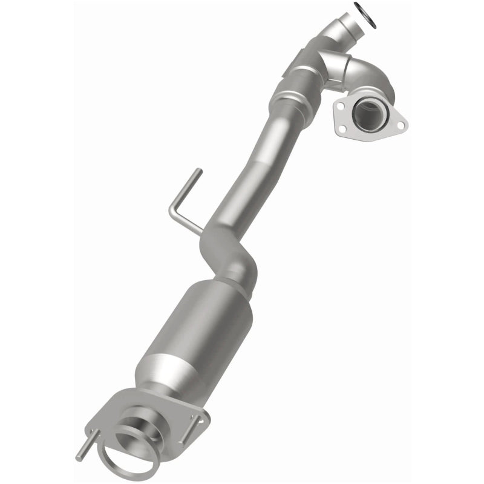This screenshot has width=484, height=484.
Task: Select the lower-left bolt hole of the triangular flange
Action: pos(343,129)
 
